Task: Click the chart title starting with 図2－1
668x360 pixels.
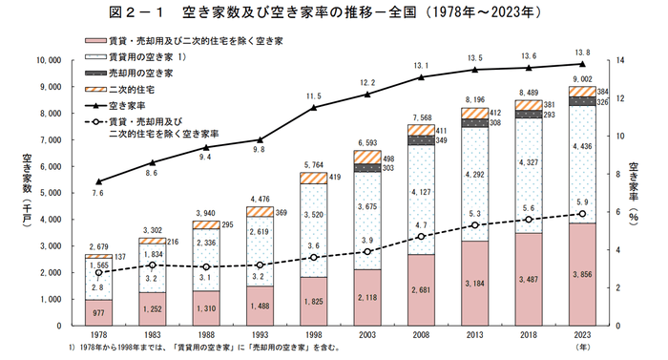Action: point(335,14)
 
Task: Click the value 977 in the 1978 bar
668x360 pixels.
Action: point(98,311)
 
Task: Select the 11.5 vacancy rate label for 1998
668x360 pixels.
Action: point(313,96)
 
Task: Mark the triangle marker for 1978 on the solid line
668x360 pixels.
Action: point(98,181)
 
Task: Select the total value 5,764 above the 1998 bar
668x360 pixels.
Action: point(313,165)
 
